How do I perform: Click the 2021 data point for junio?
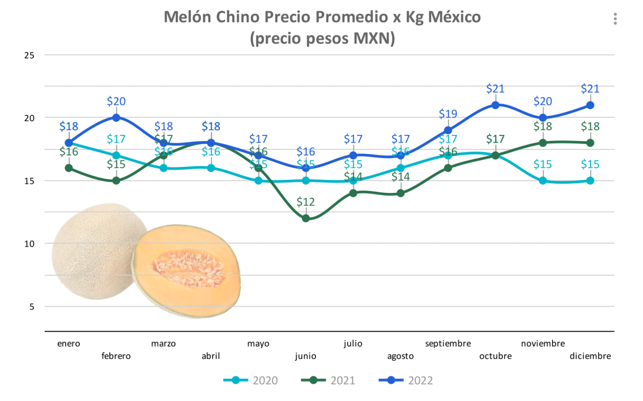tap(306, 218)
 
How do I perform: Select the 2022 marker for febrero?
tap(116, 118)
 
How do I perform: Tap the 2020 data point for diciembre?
tap(590, 181)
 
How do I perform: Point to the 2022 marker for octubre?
tap(496, 105)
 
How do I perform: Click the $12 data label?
tap(305, 202)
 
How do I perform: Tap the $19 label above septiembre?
tap(448, 114)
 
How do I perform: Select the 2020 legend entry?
tap(251, 380)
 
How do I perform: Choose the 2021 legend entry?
tap(329, 380)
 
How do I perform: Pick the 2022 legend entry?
tap(406, 380)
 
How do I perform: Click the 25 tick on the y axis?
tap(29, 56)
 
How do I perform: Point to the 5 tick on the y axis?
tap(32, 307)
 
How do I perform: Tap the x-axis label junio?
tap(305, 356)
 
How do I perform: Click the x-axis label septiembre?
tap(448, 344)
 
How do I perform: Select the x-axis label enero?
tap(69, 344)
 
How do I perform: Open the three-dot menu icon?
tap(615, 19)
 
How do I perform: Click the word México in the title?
tap(454, 17)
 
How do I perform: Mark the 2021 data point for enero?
tap(69, 168)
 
